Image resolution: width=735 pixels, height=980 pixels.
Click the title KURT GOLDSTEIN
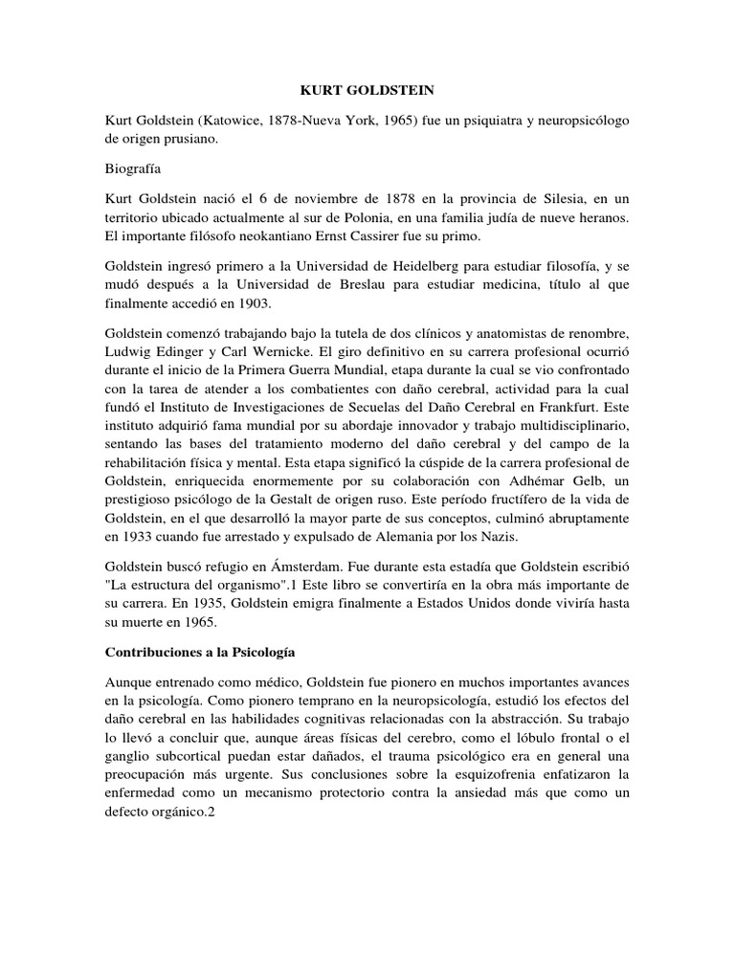(x=367, y=90)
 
